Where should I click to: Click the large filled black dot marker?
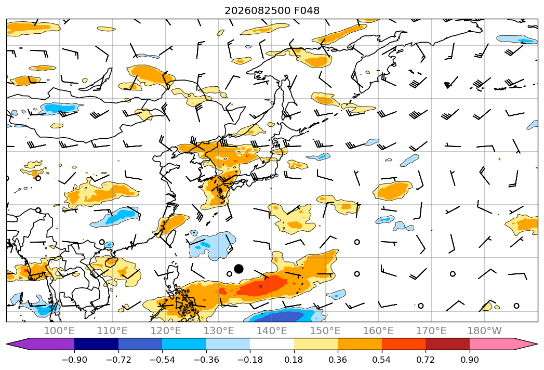238,269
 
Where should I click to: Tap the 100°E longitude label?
59,331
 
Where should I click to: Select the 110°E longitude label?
112,331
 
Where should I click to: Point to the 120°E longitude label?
166,331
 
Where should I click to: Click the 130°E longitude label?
219,331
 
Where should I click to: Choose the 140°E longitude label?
272,331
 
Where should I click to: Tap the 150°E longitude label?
325,331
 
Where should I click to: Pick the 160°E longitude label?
378,331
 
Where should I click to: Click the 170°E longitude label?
431,331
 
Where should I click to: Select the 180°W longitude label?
484,331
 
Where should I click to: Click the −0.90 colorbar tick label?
74,360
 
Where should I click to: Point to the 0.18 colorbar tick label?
294,360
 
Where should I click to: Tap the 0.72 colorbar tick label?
426,360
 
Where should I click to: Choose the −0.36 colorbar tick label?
206,360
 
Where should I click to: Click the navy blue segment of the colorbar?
96,344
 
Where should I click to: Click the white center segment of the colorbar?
272,344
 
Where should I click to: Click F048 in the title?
307,10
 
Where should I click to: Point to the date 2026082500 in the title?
257,10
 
